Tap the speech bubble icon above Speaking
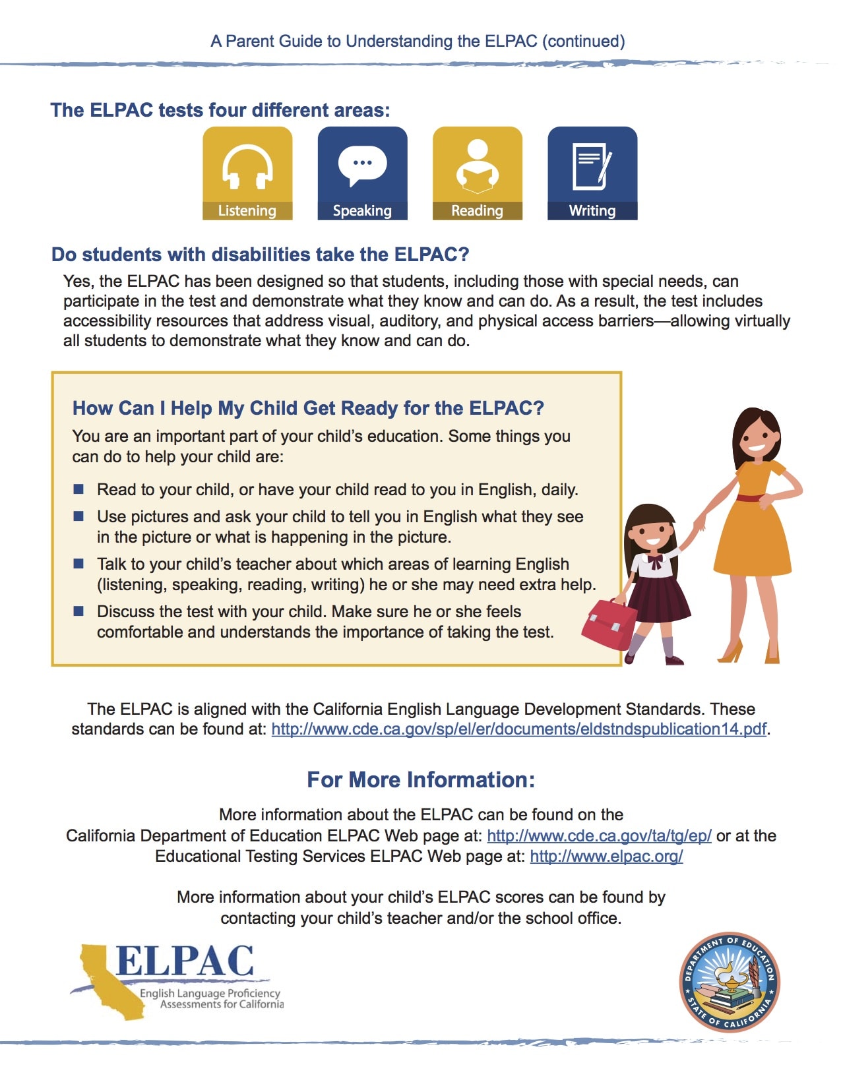pos(362,164)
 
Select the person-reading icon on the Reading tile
pos(477,166)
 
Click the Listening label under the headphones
pos(247,211)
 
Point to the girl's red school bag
pos(607,624)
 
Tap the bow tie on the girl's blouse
pos(654,561)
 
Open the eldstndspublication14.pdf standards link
pos(518,729)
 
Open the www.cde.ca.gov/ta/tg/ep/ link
pos(599,836)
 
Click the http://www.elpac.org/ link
pos(606,857)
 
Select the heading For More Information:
pos(421,780)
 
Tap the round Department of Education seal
pos(730,982)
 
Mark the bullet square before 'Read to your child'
pos(78,489)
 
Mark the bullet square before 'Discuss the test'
pos(78,611)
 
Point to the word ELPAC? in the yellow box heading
pos(506,408)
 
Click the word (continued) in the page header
pos(583,42)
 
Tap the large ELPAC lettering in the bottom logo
pos(185,961)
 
